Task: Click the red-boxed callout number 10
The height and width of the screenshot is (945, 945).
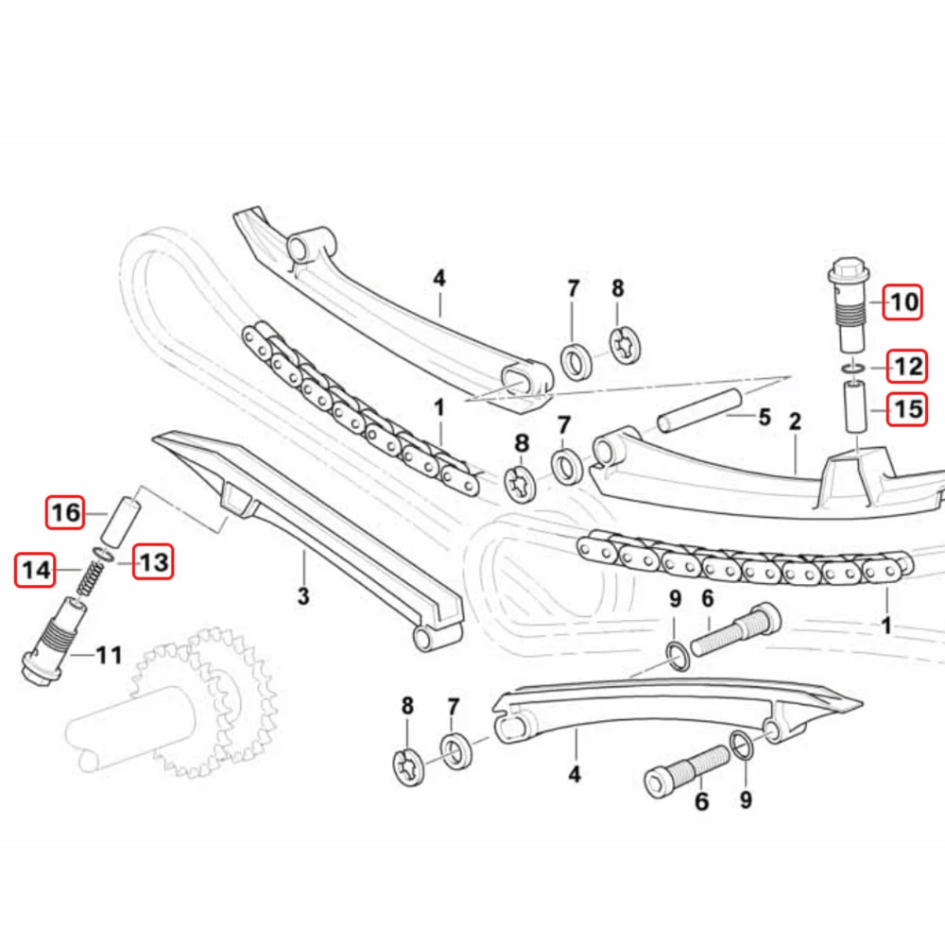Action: (902, 302)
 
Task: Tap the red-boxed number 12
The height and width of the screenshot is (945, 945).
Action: (907, 367)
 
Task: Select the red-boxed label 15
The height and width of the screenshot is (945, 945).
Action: (907, 409)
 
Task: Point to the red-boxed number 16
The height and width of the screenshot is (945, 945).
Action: (65, 512)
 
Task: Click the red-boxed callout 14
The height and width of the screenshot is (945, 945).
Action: (35, 570)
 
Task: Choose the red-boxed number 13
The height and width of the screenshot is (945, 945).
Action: (153, 561)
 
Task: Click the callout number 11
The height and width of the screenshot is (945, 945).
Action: (109, 655)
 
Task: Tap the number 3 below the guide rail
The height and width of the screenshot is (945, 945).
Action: (303, 595)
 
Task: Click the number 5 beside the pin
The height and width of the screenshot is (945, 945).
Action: (765, 417)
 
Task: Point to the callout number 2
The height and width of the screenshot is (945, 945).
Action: (795, 421)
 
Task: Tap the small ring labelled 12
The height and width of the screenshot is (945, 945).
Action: (853, 368)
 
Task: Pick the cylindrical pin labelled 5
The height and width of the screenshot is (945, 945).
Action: (699, 410)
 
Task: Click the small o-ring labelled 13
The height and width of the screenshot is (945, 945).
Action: (103, 553)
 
